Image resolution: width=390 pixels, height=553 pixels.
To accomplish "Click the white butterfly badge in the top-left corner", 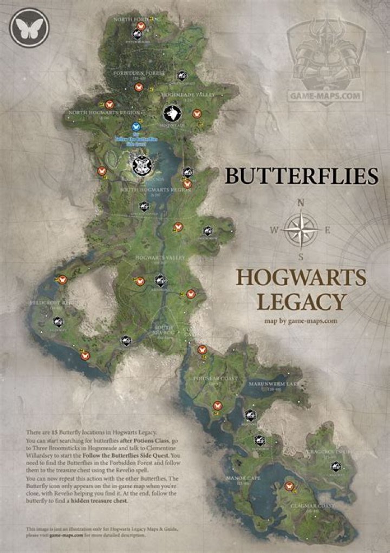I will (x=29, y=27).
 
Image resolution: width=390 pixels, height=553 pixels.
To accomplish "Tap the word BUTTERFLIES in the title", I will (x=301, y=176).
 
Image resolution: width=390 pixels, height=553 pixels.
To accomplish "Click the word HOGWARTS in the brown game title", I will (x=301, y=278).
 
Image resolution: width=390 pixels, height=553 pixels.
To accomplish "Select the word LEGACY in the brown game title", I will (x=301, y=301).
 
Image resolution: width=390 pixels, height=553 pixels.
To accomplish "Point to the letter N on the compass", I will (x=301, y=203).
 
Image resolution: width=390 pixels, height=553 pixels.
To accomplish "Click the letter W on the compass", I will (x=274, y=230).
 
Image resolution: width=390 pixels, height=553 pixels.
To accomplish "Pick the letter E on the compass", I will (x=327, y=230).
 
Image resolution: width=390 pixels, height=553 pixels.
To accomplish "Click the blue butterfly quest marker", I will (x=136, y=127).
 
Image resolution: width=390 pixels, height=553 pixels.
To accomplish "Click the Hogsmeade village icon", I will (x=172, y=114).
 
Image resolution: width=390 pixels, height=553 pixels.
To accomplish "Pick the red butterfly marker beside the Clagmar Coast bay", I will (x=289, y=486).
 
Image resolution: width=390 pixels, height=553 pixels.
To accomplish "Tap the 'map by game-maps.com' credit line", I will (x=301, y=320).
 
